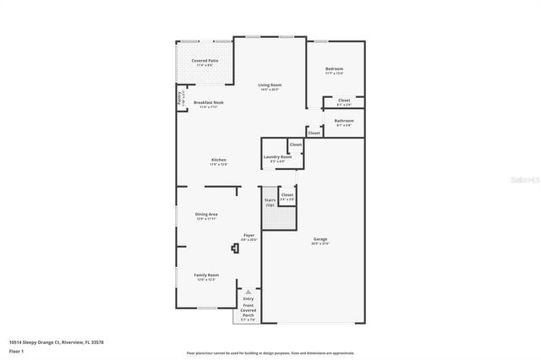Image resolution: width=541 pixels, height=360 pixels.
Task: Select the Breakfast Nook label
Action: point(208,104)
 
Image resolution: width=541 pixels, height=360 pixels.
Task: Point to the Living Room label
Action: point(270,86)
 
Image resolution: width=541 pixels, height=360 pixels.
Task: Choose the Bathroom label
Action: point(343,122)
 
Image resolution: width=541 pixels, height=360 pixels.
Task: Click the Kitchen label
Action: point(219,161)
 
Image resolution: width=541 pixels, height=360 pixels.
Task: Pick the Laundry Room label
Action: point(277,157)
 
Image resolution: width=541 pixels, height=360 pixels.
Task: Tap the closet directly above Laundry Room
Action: point(295,145)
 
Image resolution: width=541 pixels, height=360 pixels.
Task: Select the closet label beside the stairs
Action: point(287,195)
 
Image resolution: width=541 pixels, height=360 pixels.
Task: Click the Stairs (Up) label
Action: point(270,203)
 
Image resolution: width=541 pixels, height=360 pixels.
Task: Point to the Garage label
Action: point(320,239)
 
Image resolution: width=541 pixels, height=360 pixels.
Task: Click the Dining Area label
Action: point(207,215)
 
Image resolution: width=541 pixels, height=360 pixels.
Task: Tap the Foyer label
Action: point(249,237)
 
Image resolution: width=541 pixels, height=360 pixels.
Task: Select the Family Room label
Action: point(207,276)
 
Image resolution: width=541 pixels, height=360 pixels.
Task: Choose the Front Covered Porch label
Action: point(248,313)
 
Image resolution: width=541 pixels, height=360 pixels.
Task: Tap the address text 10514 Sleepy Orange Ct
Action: point(53,342)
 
